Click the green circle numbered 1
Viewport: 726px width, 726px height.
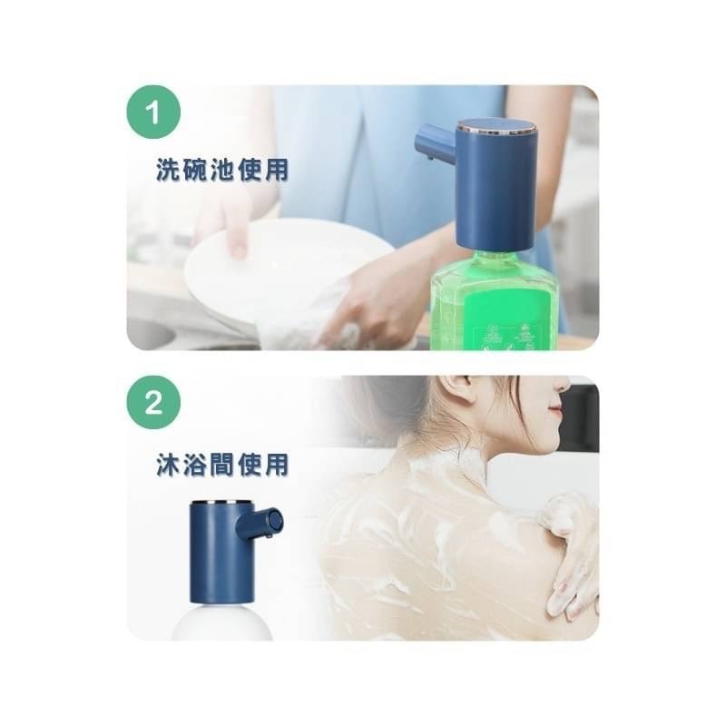point(153,113)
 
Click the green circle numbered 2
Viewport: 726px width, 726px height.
point(153,403)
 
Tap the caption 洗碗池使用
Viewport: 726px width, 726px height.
point(221,171)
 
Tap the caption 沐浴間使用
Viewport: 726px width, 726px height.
point(221,465)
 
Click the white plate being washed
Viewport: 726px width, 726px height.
point(272,263)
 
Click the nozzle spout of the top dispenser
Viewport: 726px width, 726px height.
point(434,143)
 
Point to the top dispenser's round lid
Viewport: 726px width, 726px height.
point(495,126)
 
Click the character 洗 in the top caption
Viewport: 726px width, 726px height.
point(167,171)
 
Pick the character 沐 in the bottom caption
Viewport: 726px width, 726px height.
point(167,465)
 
